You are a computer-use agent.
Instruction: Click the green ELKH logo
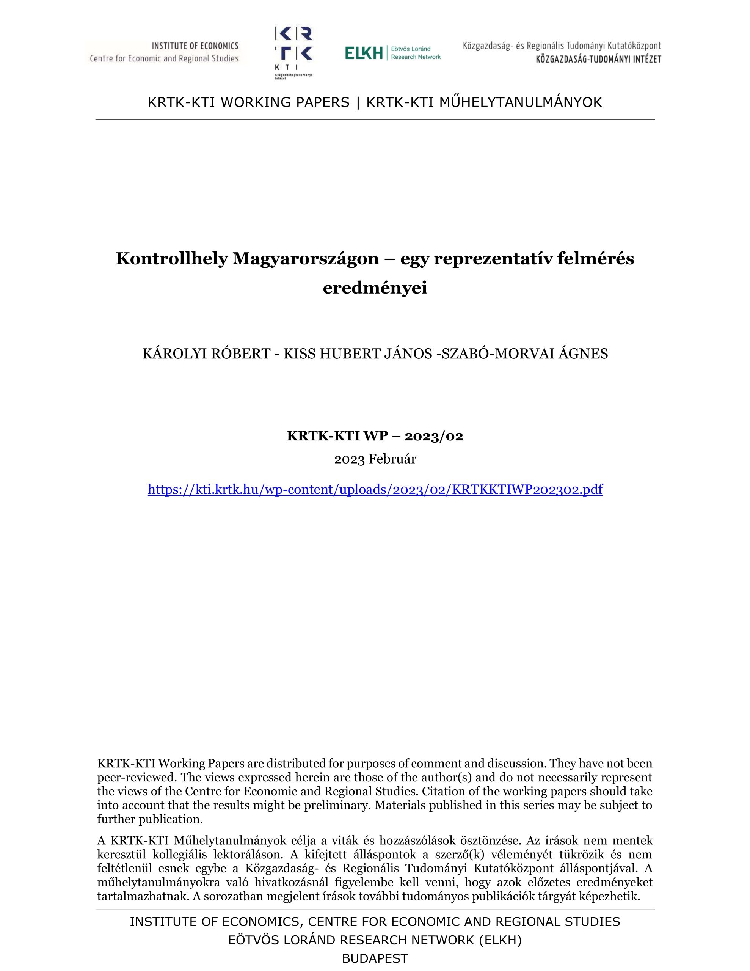pos(392,53)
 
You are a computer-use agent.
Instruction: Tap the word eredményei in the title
pos(375,288)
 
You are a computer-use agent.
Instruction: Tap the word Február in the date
pos(392,459)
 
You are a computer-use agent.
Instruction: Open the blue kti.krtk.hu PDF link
pos(375,490)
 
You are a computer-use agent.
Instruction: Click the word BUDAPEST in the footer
pos(375,958)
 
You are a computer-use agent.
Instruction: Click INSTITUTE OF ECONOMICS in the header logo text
pos(195,46)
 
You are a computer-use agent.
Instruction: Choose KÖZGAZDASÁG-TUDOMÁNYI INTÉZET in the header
pos(598,59)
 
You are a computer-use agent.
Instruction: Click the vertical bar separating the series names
pos(358,102)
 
